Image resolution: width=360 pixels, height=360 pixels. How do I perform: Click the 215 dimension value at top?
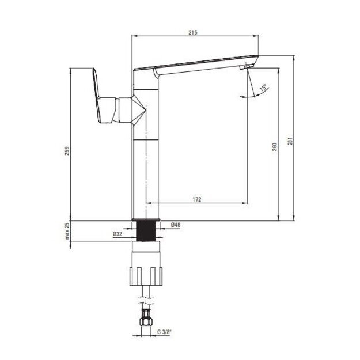[x=193, y=32]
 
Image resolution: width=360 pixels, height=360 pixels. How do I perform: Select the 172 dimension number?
[x=197, y=199]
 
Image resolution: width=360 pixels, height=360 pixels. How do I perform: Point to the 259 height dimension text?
[x=67, y=151]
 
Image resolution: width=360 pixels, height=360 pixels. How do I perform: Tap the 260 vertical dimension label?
[x=275, y=147]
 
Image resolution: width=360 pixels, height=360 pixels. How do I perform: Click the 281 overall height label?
[x=290, y=141]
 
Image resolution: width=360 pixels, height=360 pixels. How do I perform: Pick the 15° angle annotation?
[x=263, y=88]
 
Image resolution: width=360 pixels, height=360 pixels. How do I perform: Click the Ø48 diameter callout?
[x=176, y=225]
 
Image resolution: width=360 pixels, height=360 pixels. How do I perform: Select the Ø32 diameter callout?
[x=118, y=234]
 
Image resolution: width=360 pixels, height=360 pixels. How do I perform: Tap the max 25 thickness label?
[x=67, y=231]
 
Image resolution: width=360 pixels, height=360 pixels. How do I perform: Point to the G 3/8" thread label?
[x=165, y=332]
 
